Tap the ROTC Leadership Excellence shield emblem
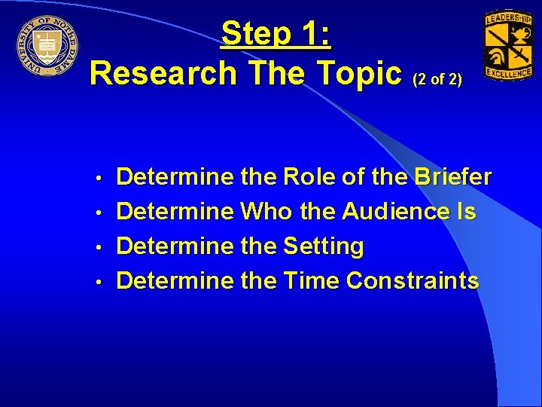(x=507, y=46)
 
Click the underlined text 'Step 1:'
(x=278, y=34)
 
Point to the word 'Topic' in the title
(x=360, y=73)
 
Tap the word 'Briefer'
(x=452, y=177)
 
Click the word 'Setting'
(x=324, y=246)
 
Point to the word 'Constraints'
(x=413, y=281)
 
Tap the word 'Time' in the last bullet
(x=312, y=281)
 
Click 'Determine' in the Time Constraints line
(x=175, y=281)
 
